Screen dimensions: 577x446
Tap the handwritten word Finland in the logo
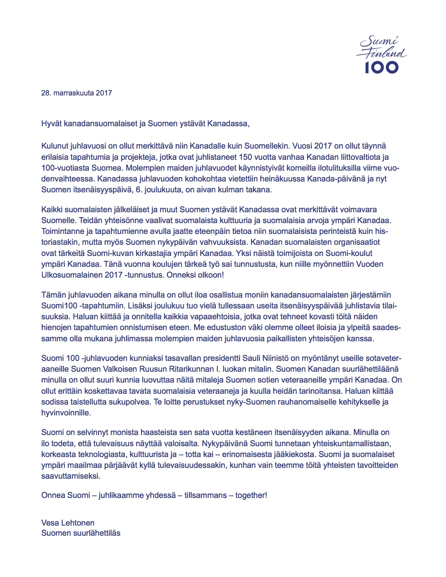382,54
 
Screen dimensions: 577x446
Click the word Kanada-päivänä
335,179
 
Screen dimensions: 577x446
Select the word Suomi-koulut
349,253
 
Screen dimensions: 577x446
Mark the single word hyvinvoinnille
66,413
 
